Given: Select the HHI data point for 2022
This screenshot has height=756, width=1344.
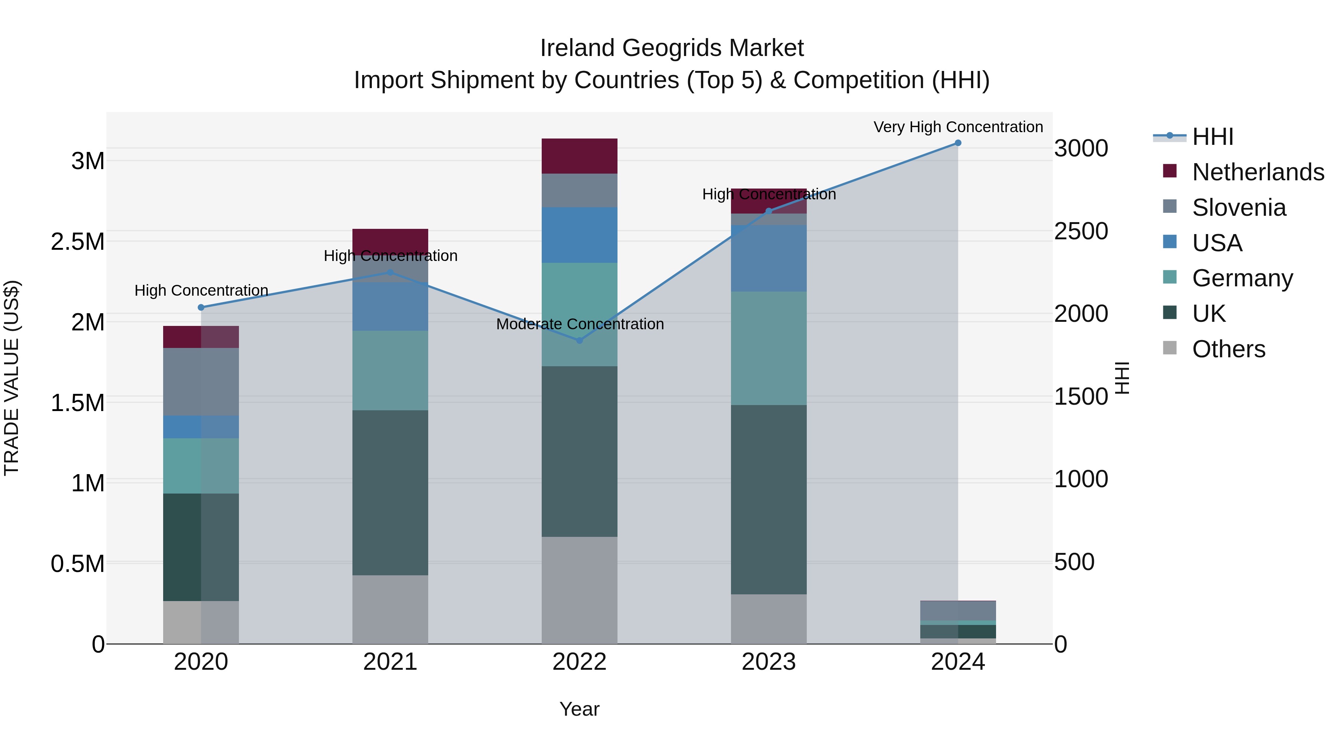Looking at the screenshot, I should point(579,340).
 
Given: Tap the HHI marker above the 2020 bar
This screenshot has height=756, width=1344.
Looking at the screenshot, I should point(201,307).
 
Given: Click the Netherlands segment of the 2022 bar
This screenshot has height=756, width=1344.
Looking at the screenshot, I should point(579,156).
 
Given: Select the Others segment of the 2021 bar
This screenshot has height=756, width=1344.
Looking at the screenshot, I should point(390,609).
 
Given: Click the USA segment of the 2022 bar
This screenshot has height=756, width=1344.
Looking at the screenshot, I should point(579,235).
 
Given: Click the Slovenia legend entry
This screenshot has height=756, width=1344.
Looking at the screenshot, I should point(1239,208).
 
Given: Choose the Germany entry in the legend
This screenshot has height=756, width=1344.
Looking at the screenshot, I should point(1242,278).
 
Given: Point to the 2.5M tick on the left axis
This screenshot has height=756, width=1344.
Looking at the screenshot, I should point(78,242).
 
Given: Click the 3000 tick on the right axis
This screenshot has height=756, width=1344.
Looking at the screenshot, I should point(1080,148).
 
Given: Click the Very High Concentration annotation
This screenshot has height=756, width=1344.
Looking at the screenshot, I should point(958,127).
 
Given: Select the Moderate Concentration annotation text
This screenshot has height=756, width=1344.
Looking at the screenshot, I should point(580,324).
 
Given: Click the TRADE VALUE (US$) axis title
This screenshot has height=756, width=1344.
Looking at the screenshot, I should point(12,378).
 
